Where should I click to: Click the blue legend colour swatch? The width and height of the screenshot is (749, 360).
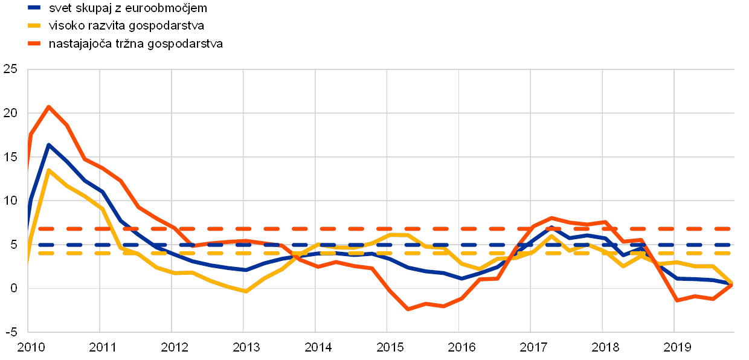pos(34,8)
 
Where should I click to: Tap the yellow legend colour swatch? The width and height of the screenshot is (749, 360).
pos(34,26)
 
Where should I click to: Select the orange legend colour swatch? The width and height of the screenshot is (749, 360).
pos(34,44)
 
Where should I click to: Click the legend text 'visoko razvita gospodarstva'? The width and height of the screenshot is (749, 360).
pos(126,26)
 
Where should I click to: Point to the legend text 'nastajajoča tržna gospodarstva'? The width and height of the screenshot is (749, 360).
pos(136,44)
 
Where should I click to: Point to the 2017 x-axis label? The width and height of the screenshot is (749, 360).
pos(531,347)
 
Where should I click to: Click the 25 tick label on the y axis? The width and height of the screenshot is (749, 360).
pos(10,69)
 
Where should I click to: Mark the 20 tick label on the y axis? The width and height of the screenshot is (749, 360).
pos(10,113)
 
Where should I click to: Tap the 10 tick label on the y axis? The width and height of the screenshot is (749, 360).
pos(10,201)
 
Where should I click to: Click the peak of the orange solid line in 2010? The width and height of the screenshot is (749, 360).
pos(48,106)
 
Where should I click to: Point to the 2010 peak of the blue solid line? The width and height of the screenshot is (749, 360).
pos(48,145)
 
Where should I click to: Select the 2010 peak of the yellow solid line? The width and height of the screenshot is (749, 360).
pos(48,170)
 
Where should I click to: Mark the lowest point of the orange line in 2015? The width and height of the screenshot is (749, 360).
pos(408,309)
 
